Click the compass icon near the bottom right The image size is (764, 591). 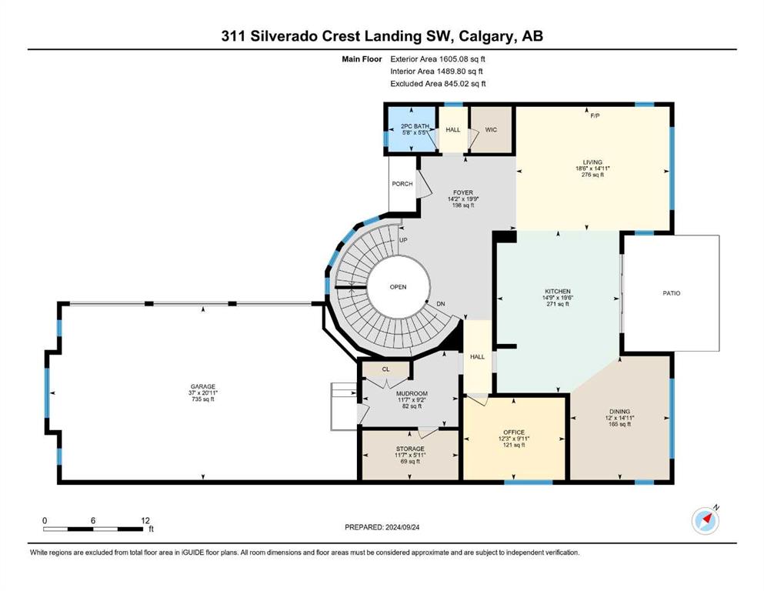[x=705, y=520]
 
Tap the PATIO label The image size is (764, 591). [x=672, y=293]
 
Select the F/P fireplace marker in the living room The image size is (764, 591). [x=595, y=116]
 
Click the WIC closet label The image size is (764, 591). [x=491, y=129]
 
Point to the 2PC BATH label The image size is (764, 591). [x=415, y=126]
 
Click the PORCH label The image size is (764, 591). [x=402, y=184]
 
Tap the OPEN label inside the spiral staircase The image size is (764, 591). [x=398, y=287]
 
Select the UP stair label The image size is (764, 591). [x=403, y=240]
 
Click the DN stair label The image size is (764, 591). [x=440, y=304]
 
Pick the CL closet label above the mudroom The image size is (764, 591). [x=386, y=369]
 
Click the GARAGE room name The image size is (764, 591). [x=202, y=387]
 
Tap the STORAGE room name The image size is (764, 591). [x=410, y=449]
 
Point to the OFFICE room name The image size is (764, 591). [x=514, y=432]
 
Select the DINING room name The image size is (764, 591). [x=620, y=411]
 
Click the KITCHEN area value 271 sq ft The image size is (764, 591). [x=558, y=304]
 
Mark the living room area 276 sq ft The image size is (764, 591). [x=592, y=175]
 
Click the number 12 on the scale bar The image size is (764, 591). [x=145, y=520]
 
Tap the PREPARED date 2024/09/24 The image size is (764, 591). [x=402, y=527]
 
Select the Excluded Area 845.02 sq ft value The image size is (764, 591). [x=465, y=84]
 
